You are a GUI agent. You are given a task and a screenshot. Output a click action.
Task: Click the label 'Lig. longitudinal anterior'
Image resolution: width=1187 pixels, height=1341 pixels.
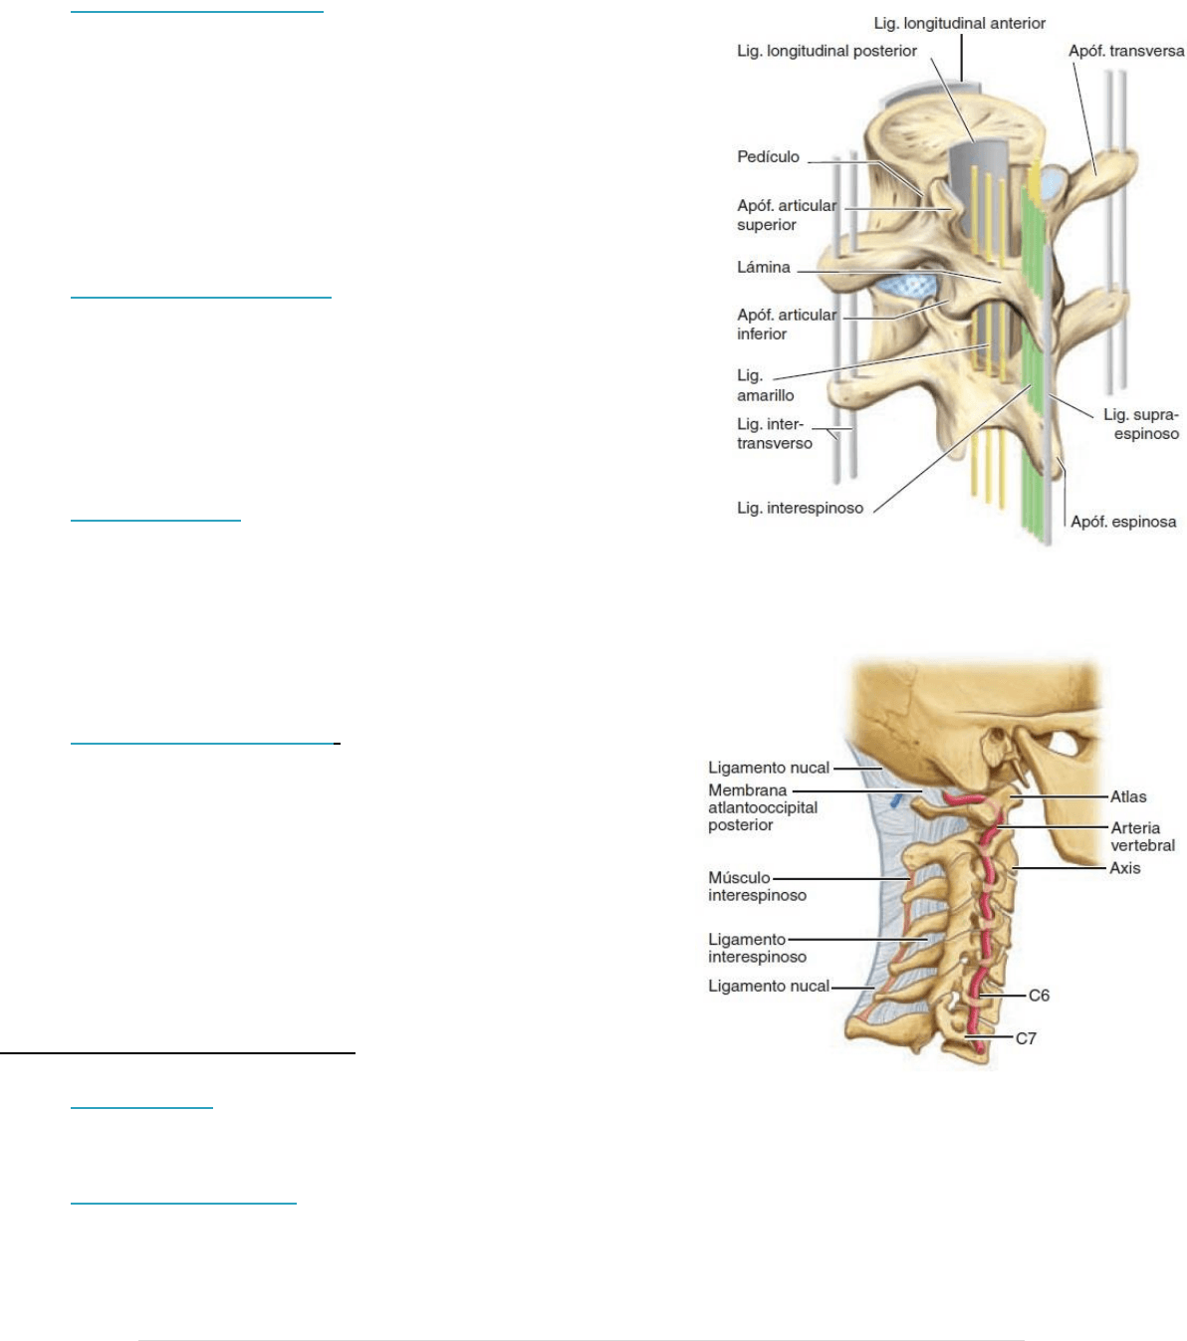click(x=959, y=23)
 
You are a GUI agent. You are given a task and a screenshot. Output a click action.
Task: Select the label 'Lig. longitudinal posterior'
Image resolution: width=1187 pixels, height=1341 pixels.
click(x=827, y=51)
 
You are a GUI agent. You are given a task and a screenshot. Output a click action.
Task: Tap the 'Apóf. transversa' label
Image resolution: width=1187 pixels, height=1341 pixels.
click(x=1126, y=51)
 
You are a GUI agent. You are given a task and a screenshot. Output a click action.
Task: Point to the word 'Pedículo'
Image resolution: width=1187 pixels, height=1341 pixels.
click(x=768, y=157)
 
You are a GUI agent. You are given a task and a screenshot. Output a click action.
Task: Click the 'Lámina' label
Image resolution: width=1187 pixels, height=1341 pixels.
click(x=764, y=267)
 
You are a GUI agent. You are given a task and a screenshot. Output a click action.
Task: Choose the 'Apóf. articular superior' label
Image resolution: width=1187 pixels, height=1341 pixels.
click(x=787, y=215)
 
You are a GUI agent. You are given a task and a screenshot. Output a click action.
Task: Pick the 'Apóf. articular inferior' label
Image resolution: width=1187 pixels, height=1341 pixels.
click(x=787, y=325)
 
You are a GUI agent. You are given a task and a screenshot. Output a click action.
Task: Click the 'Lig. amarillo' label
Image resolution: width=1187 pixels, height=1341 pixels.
click(x=766, y=385)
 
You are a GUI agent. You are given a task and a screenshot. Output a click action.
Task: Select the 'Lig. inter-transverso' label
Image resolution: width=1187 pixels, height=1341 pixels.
click(x=775, y=433)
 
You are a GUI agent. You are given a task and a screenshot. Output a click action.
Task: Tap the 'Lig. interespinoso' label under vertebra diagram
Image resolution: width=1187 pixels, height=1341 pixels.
click(x=800, y=508)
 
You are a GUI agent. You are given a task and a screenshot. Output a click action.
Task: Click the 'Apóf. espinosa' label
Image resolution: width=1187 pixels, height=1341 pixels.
click(x=1123, y=522)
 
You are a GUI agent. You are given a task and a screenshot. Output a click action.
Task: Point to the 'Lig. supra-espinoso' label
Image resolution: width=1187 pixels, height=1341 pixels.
click(x=1140, y=424)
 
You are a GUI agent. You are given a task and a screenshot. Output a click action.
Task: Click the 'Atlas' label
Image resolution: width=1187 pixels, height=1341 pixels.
click(x=1127, y=796)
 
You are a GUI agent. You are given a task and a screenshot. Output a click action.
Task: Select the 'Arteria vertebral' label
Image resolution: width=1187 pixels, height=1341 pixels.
click(x=1142, y=836)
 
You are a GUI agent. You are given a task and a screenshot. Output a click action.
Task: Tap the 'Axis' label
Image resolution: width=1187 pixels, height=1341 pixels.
click(x=1125, y=868)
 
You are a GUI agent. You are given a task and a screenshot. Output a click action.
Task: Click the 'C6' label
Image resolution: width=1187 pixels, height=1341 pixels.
click(x=1039, y=995)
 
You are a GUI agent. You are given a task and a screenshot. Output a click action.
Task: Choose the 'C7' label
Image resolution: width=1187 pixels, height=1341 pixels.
click(x=1026, y=1037)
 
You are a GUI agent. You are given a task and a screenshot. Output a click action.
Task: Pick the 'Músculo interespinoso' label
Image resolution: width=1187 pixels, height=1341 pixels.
click(x=757, y=886)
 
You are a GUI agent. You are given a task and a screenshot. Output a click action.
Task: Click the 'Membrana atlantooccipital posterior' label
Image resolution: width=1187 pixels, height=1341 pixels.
click(x=762, y=807)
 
